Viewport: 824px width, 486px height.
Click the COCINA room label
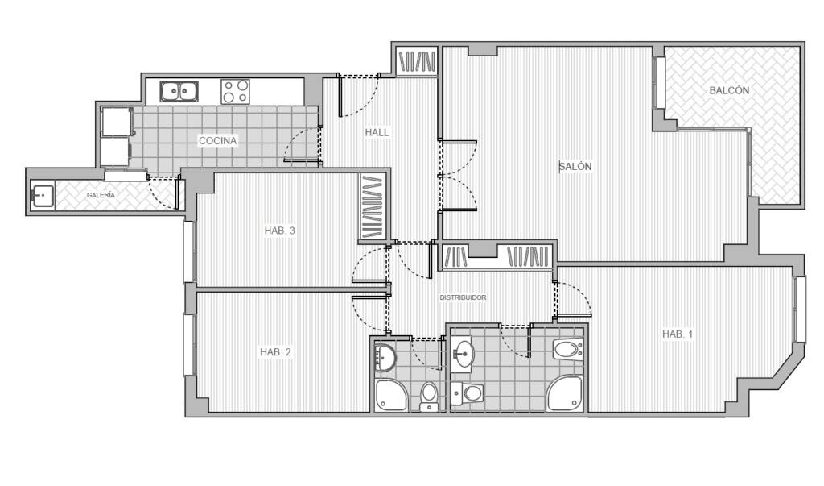coord(217,140)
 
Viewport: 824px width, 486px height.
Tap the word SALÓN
coord(575,166)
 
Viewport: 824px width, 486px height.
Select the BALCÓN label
coord(729,90)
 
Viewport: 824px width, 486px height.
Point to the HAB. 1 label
coord(678,334)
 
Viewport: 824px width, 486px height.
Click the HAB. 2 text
coord(275,351)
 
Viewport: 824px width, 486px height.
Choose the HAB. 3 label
coord(279,230)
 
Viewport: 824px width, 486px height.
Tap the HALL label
coord(377,132)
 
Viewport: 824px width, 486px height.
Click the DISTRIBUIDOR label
coord(463,297)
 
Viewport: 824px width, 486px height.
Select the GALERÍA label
coord(101,195)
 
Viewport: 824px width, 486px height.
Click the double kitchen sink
coord(179,91)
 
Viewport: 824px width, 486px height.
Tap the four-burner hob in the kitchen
coord(235,91)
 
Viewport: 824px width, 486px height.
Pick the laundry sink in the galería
coord(43,195)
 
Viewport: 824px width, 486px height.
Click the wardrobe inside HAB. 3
coord(373,207)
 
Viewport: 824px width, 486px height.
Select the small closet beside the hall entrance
coord(417,61)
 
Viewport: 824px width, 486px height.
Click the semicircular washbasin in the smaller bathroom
coord(385,356)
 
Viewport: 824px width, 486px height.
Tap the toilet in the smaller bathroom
coord(429,396)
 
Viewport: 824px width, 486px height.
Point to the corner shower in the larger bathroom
coord(565,393)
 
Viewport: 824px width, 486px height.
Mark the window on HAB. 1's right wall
coord(801,309)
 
